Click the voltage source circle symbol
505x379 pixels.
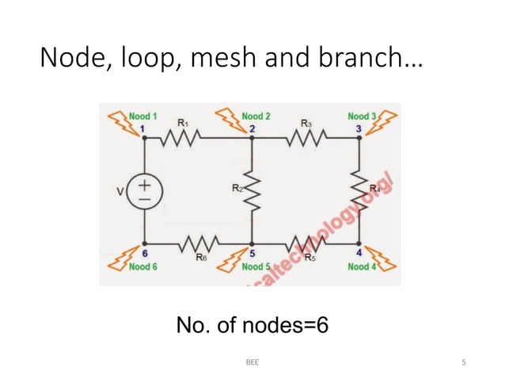144,192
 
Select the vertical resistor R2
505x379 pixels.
252,189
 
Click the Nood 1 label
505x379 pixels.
142,117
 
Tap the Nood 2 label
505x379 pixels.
256,117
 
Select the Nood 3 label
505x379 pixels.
362,117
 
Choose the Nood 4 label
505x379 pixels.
362,267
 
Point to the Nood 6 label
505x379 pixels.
142,267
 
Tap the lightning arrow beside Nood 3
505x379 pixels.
386,121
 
